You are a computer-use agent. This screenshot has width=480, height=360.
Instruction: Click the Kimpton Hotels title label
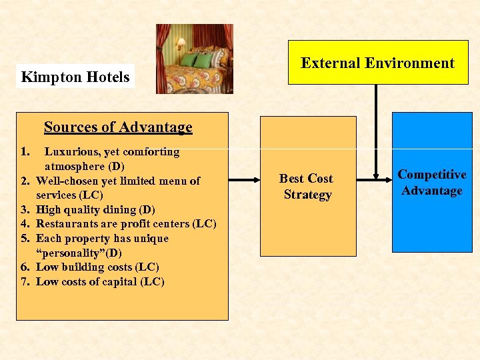[x=75, y=77]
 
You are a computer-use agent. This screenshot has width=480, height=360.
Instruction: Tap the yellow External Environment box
[x=377, y=63]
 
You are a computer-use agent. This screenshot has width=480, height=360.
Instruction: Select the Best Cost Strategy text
[x=307, y=187]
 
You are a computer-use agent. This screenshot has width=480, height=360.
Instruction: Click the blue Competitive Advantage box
[x=431, y=182]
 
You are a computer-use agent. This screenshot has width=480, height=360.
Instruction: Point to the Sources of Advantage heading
[x=118, y=127]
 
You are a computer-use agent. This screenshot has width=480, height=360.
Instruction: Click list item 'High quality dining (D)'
[x=95, y=209]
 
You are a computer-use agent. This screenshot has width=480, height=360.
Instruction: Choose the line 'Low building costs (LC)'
[x=97, y=267]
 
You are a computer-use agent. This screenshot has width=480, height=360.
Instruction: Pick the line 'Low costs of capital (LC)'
[x=100, y=281]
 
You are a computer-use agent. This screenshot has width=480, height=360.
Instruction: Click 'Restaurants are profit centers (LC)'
[x=126, y=224]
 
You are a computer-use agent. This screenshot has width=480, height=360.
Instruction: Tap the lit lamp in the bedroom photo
[x=180, y=45]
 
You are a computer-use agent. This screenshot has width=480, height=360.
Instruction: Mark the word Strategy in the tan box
[x=307, y=195]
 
